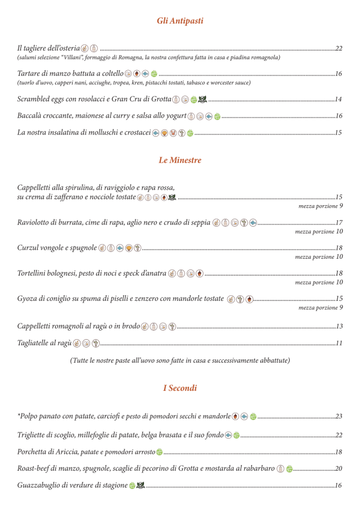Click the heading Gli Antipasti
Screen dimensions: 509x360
click(x=180, y=21)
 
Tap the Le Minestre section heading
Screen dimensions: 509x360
click(x=180, y=160)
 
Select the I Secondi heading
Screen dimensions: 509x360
click(x=180, y=388)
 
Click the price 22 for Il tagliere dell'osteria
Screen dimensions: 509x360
click(x=339, y=48)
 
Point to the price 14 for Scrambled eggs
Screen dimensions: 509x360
click(x=339, y=100)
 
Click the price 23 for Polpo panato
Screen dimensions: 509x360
click(x=339, y=417)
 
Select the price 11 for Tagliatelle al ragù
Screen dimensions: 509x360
click(x=339, y=343)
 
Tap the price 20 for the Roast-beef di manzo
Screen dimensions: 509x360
click(x=339, y=468)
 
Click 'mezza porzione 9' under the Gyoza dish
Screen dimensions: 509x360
click(x=321, y=308)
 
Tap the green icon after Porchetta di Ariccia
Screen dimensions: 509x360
click(x=159, y=452)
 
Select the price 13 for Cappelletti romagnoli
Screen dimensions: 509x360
click(x=339, y=326)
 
